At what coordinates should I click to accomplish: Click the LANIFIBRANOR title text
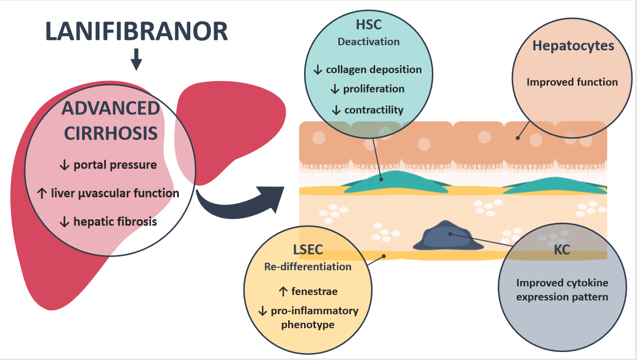coord(137,31)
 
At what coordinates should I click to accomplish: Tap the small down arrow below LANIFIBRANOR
coord(137,60)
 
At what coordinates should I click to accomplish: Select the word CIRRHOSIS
coord(111,133)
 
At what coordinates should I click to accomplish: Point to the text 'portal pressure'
coord(115,165)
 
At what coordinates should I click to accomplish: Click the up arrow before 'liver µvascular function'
coord(42,193)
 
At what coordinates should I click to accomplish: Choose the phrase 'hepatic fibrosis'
coord(115,222)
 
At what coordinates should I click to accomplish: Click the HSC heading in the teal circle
coord(369,25)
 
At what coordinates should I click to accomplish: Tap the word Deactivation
coord(369,42)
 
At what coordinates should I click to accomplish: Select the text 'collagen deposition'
coord(374,70)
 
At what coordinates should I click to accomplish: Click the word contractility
coord(374,110)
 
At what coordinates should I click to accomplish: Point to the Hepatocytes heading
coord(573,46)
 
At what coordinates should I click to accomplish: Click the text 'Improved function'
coord(572,82)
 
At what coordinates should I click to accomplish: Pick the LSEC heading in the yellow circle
coord(308,250)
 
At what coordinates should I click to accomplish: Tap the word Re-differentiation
coord(308,267)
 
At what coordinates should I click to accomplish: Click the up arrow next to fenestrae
coord(283,291)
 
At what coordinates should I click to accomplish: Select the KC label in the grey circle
coord(562,250)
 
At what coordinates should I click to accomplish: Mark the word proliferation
coord(374,89)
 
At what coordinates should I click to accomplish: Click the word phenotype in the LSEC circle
coord(308,325)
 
